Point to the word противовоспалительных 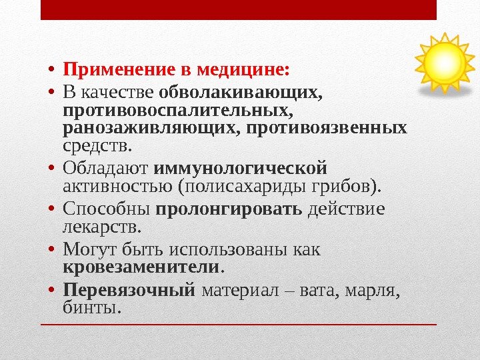click(x=177, y=109)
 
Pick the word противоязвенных click(x=327, y=127)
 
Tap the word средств click(x=97, y=145)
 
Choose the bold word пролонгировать click(x=229, y=209)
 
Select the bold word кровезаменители click(x=141, y=267)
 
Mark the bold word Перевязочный click(x=129, y=289)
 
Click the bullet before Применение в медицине click(x=52, y=71)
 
